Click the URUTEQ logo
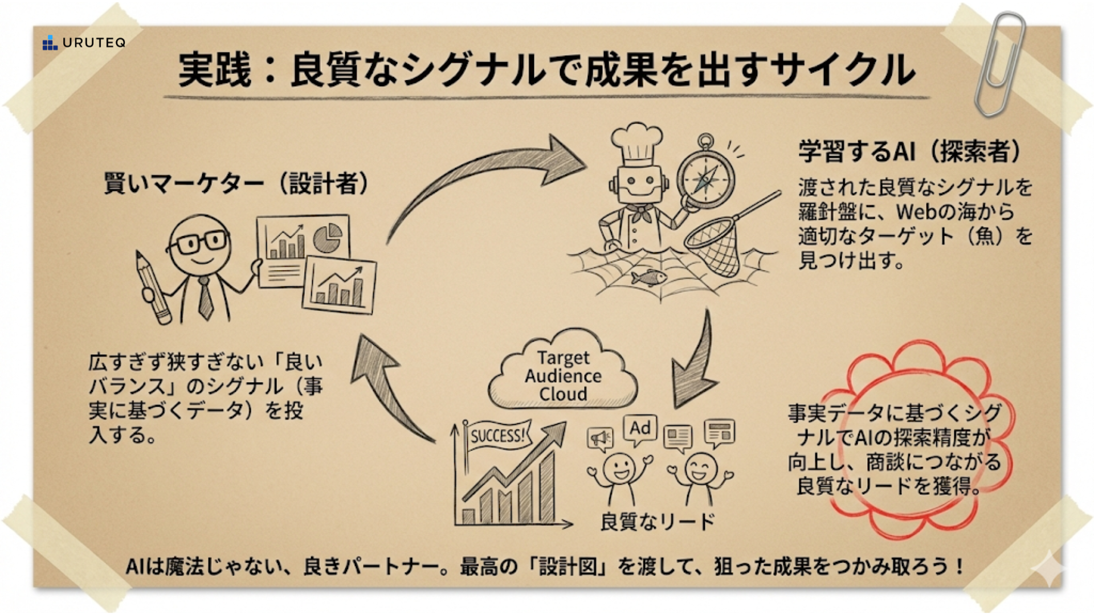tap(84, 43)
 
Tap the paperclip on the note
tap(1001, 63)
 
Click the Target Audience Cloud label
tap(563, 376)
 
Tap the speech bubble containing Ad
tap(640, 428)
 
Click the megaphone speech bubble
tap(600, 439)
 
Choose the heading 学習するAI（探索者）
tap(909, 151)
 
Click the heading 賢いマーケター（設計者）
tap(236, 183)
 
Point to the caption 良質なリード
tap(658, 522)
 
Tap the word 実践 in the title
tap(215, 70)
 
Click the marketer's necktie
tap(205, 299)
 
